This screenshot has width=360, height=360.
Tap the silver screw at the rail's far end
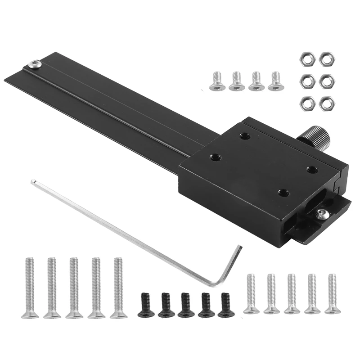click(34, 64)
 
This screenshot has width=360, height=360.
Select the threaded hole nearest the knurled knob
click(311, 170)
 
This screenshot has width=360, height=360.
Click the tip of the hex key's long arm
click(33, 182)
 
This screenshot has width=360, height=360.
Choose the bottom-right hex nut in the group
click(325, 102)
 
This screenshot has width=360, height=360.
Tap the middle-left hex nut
click(306, 81)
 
